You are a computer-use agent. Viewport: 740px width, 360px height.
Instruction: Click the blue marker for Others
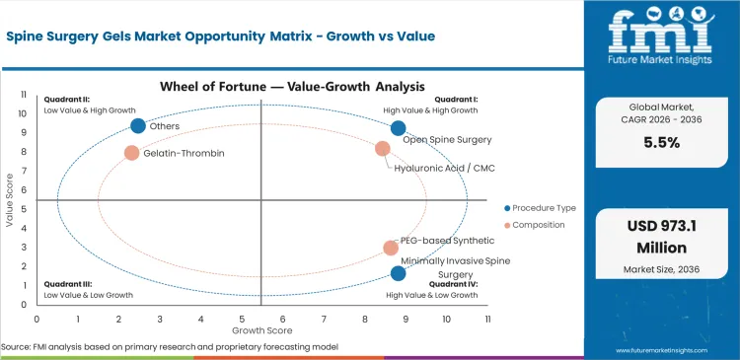pyautogui.click(x=138, y=125)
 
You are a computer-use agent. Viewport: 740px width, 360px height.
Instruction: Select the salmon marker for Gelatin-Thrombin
pyautogui.click(x=131, y=153)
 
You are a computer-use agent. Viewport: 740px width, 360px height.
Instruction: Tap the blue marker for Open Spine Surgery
pyautogui.click(x=398, y=128)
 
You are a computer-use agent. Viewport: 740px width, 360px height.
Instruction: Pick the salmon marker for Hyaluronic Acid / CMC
pyautogui.click(x=383, y=149)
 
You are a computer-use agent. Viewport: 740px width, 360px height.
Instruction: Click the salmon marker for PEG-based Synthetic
pyautogui.click(x=391, y=249)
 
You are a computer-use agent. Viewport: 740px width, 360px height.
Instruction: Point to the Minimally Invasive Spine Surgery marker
pyautogui.click(x=398, y=273)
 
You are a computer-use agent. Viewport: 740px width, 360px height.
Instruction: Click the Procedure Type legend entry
pyautogui.click(x=540, y=208)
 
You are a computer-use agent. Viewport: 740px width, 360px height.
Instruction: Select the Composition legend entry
pyautogui.click(x=536, y=225)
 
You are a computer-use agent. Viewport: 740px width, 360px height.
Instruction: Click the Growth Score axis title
pyautogui.click(x=260, y=330)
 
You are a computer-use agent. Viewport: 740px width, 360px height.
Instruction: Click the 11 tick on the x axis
pyautogui.click(x=487, y=320)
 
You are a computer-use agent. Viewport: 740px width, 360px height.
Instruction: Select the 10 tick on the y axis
pyautogui.click(x=25, y=113)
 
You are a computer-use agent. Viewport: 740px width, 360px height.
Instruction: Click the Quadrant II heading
pyautogui.click(x=65, y=99)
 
